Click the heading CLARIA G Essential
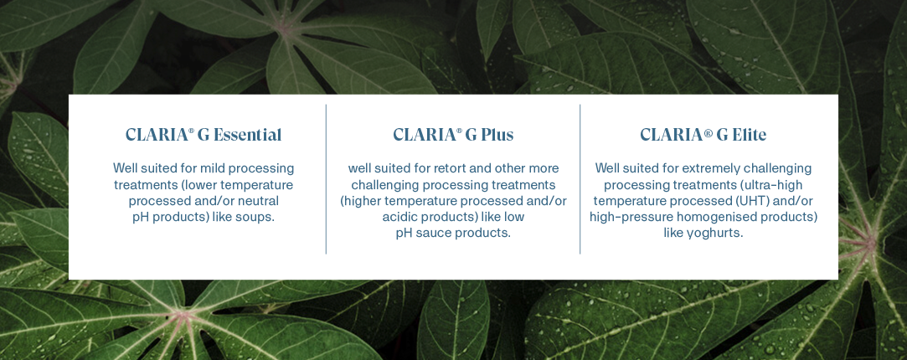coord(204,135)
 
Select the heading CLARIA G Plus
coord(453,135)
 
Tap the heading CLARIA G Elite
coord(703,135)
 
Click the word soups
coord(256,218)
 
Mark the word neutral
coord(256,201)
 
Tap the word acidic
coord(401,217)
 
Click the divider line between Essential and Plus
coord(326,180)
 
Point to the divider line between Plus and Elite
coord(580,180)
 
